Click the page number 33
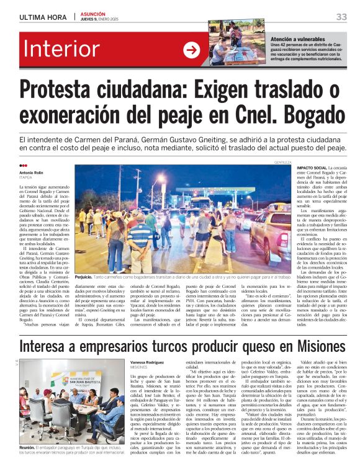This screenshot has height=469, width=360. (341, 17)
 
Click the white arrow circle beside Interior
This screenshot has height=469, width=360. (191, 50)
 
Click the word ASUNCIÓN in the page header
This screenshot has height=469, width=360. (92, 14)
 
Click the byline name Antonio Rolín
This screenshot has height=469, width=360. (32, 172)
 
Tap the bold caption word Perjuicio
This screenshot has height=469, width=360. (87, 277)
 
